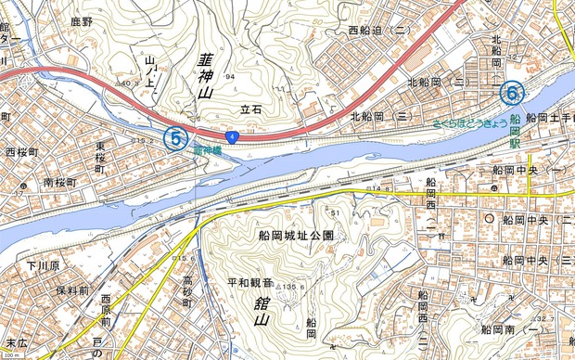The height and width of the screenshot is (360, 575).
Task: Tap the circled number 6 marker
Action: tap(510, 93)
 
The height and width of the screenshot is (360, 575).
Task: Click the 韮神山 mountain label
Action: tap(206, 77)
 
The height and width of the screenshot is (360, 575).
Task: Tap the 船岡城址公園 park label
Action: tap(296, 236)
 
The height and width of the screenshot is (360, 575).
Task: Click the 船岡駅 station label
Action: tap(514, 130)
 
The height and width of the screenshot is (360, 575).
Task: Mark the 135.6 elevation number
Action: tap(293, 286)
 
